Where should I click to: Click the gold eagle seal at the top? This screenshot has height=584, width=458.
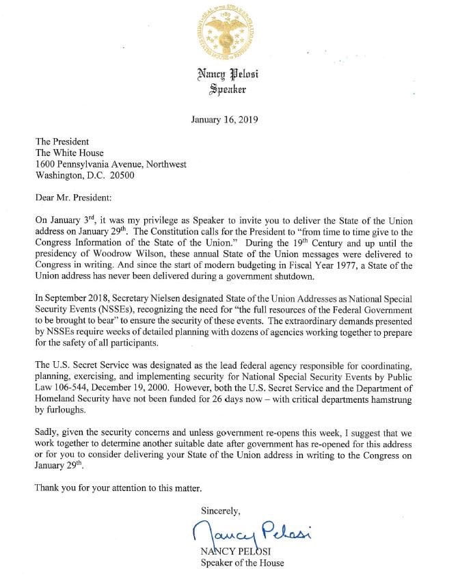pyautogui.click(x=230, y=33)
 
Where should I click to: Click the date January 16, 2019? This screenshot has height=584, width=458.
pyautogui.click(x=228, y=119)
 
